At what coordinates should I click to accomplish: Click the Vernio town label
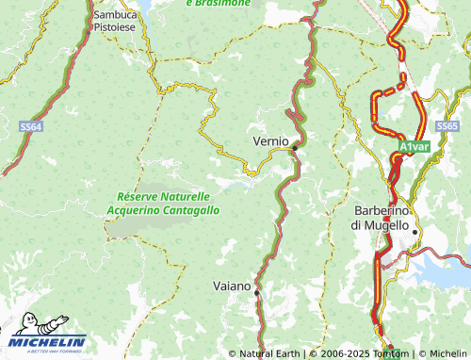[x=271, y=140]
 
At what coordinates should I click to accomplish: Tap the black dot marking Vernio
[x=295, y=148]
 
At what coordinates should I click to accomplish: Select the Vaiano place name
[x=233, y=286]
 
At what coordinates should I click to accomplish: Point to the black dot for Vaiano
[x=256, y=292]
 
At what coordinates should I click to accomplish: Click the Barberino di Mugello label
[x=381, y=219]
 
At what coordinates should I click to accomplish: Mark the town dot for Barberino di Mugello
[x=414, y=232]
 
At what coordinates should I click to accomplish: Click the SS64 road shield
[x=31, y=125]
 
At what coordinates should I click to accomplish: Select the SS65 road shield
[x=447, y=125]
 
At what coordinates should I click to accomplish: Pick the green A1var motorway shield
[x=414, y=148]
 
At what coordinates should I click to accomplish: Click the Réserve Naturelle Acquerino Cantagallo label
[x=164, y=204]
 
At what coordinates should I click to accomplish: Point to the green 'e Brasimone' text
[x=219, y=4]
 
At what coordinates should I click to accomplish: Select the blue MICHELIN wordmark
[x=49, y=342]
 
